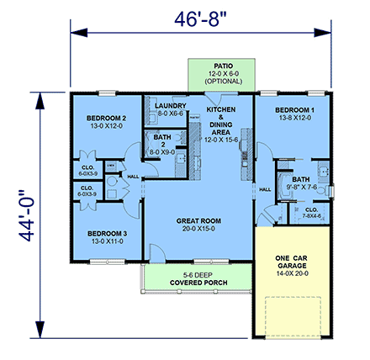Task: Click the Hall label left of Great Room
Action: (133, 176)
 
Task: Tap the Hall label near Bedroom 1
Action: (264, 189)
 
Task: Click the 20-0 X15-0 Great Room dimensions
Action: (198, 228)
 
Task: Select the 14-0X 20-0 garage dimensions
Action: (291, 273)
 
